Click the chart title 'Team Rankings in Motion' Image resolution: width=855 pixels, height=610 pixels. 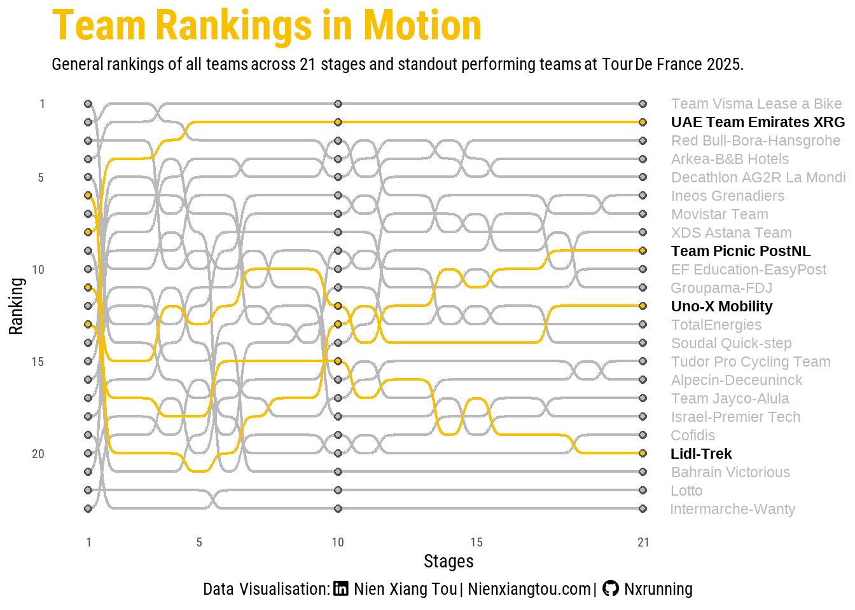[267, 26]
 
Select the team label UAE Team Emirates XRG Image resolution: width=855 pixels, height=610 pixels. [758, 122]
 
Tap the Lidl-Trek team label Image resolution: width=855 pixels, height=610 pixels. [701, 454]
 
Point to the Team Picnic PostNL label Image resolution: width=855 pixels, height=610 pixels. [740, 251]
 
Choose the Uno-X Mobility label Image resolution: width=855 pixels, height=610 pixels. [721, 306]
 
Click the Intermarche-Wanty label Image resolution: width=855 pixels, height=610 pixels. [732, 509]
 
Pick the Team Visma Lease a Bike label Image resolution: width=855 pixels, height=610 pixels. [756, 104]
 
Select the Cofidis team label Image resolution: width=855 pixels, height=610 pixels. [693, 435]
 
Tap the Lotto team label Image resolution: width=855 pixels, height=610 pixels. [686, 491]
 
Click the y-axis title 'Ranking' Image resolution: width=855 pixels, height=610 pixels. [16, 306]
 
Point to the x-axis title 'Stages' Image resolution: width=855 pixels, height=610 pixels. [448, 561]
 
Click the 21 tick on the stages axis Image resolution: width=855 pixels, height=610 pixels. [643, 542]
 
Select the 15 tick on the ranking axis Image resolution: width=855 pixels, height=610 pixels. [38, 362]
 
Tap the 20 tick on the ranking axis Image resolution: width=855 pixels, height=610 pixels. [38, 454]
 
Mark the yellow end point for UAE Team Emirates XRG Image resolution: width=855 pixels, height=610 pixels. [643, 122]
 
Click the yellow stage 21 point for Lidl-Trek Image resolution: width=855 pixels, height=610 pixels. [643, 454]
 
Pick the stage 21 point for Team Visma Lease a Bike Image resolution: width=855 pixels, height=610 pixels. [643, 104]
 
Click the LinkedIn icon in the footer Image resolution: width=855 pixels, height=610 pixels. [341, 589]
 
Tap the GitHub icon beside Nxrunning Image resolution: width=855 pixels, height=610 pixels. [610, 588]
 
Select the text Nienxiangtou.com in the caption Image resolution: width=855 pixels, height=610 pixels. [529, 589]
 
